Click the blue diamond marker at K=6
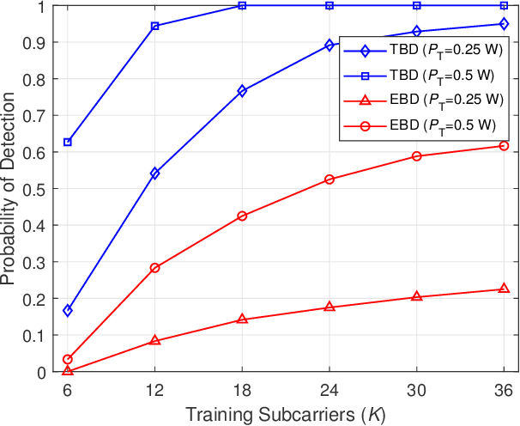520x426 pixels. point(68,310)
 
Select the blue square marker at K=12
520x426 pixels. point(155,27)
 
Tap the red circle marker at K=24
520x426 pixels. point(330,180)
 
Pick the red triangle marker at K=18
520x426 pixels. point(242,319)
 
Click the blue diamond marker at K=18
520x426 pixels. point(242,91)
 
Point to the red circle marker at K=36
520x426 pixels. point(504,146)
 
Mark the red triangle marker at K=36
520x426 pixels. point(504,289)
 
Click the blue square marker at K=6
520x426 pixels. point(68,142)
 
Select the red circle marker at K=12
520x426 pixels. point(155,268)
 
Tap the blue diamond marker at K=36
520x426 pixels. point(504,24)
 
